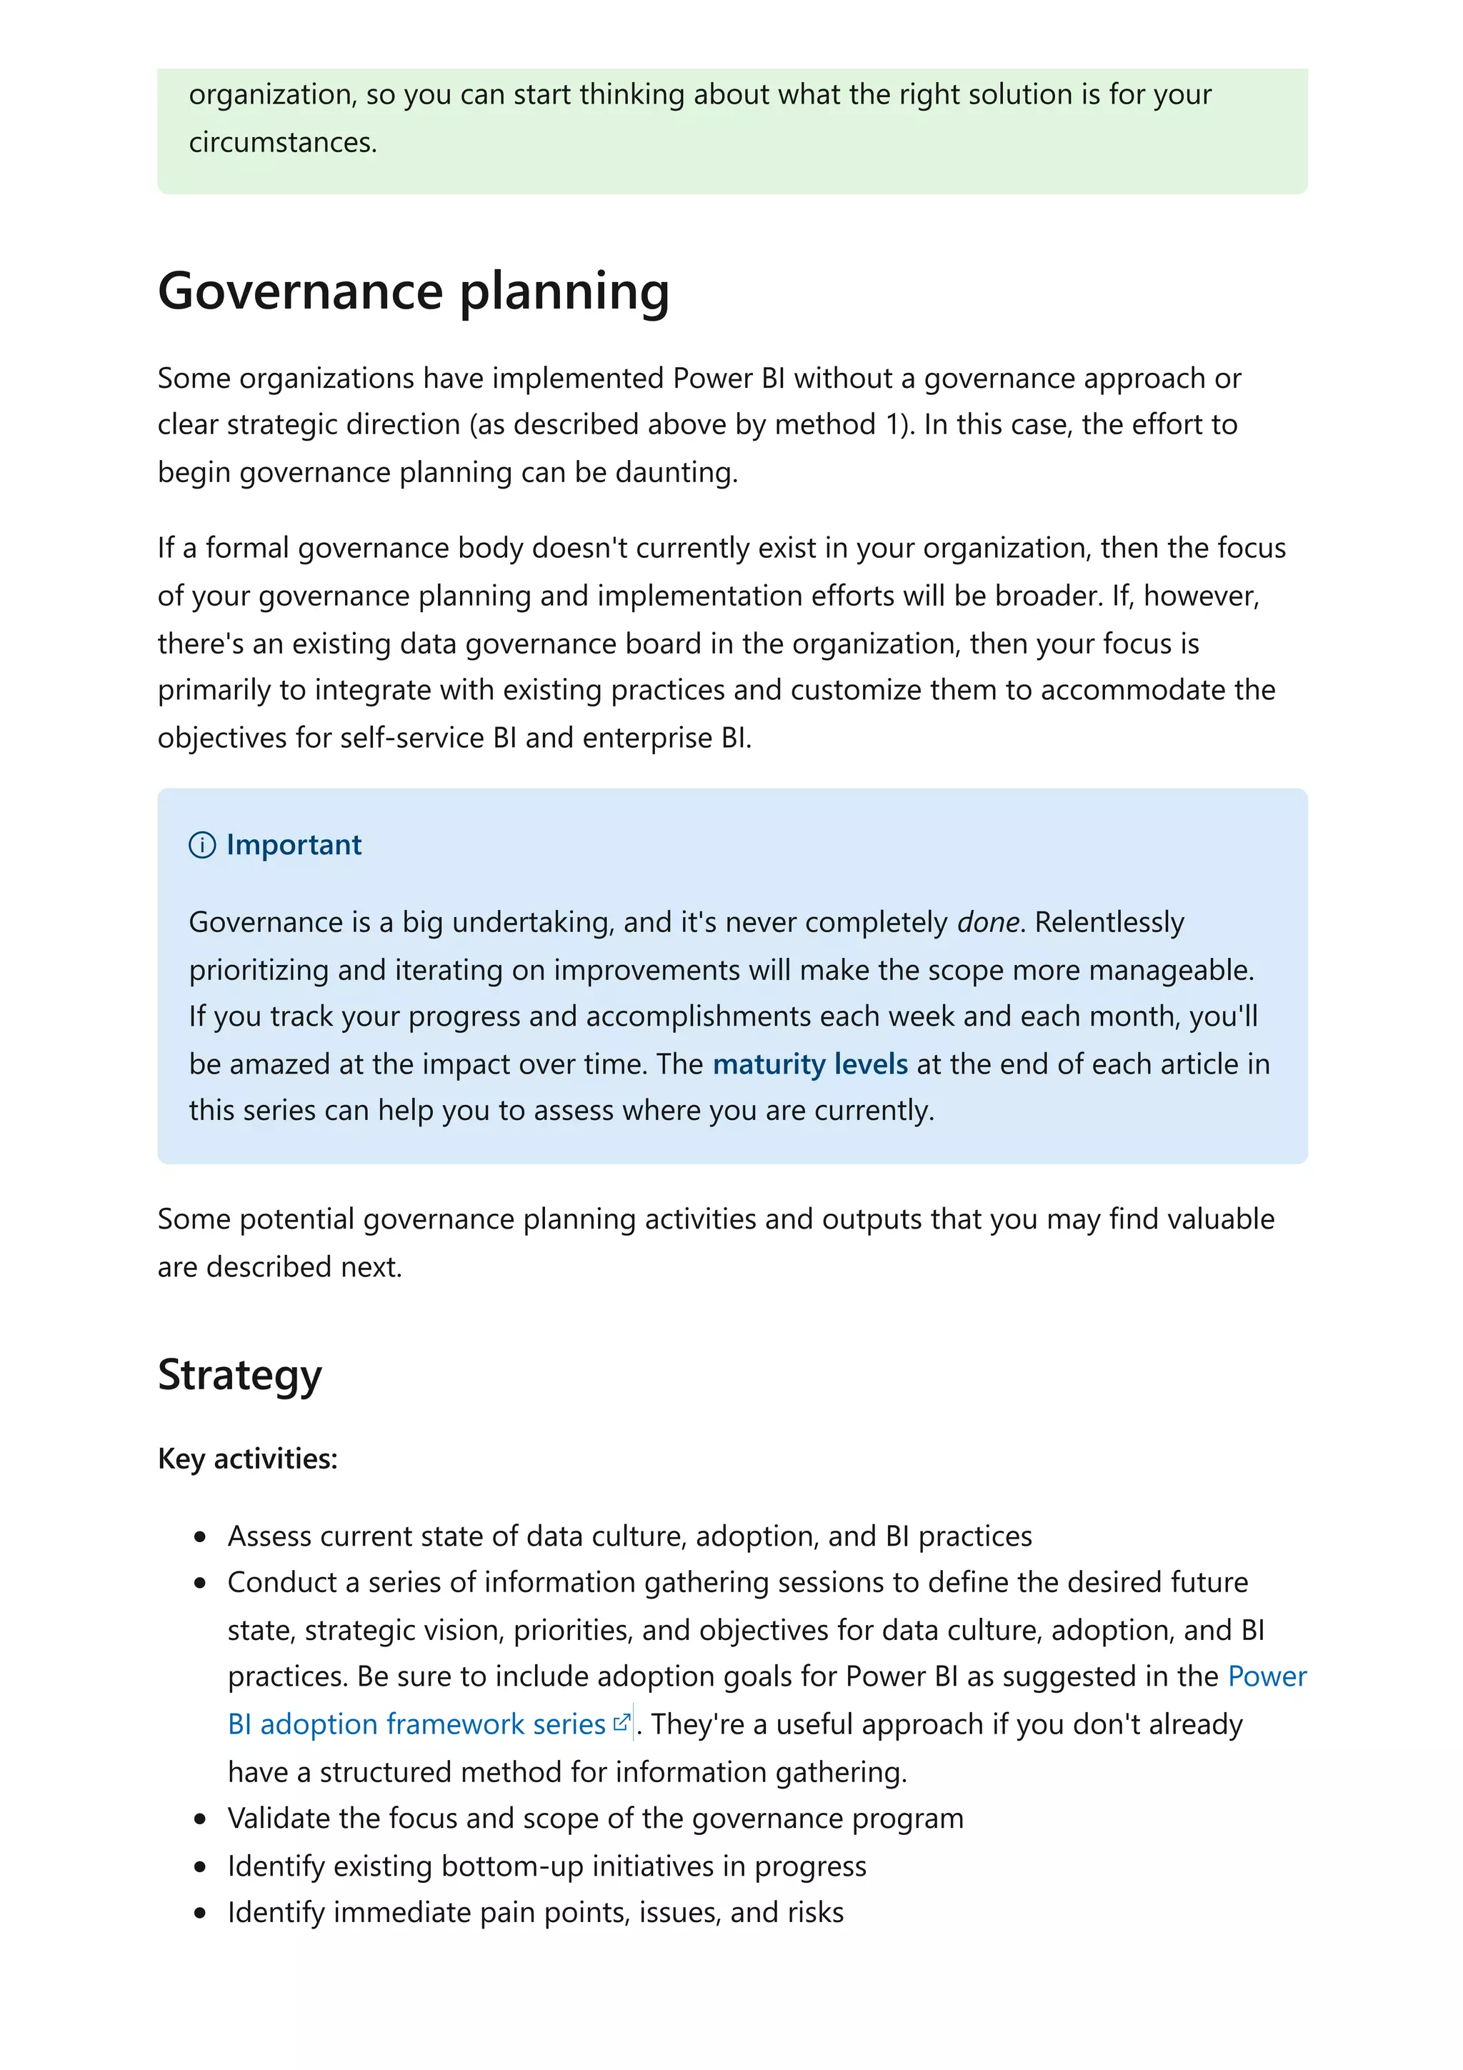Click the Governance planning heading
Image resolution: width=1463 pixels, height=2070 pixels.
413,291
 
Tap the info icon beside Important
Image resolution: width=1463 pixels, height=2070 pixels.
202,845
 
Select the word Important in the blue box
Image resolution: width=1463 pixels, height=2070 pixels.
293,845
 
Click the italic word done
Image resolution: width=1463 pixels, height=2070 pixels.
987,922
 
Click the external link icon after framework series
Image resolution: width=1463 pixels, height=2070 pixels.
621,1723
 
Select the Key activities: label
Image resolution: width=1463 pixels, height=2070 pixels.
247,1459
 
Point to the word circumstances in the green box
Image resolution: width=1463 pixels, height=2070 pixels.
281,142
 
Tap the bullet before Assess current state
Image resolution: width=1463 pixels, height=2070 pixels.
200,1537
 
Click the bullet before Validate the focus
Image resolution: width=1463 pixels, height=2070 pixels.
200,1819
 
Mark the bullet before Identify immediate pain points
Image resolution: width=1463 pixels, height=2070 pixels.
200,1913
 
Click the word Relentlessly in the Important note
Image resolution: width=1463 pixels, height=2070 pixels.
1109,922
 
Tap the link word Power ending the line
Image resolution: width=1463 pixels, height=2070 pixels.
1267,1676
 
